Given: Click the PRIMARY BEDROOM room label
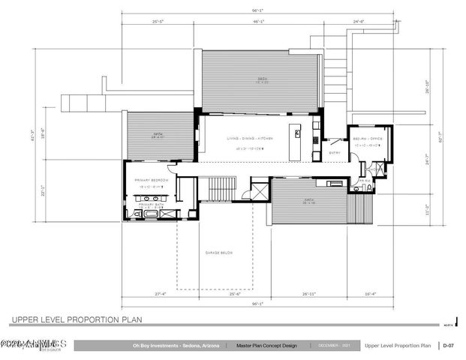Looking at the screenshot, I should pos(155,181).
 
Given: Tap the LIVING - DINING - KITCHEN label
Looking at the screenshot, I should pos(251,139).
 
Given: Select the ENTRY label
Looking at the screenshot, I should pos(335,153).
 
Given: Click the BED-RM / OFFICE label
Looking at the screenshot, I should pos(368,139).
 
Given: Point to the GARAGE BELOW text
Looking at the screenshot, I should pos(219,253).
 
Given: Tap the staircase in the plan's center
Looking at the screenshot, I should pos(222,188).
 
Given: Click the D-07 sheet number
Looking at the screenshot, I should pos(449,346).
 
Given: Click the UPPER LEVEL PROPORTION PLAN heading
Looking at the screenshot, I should pos(77,319).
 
